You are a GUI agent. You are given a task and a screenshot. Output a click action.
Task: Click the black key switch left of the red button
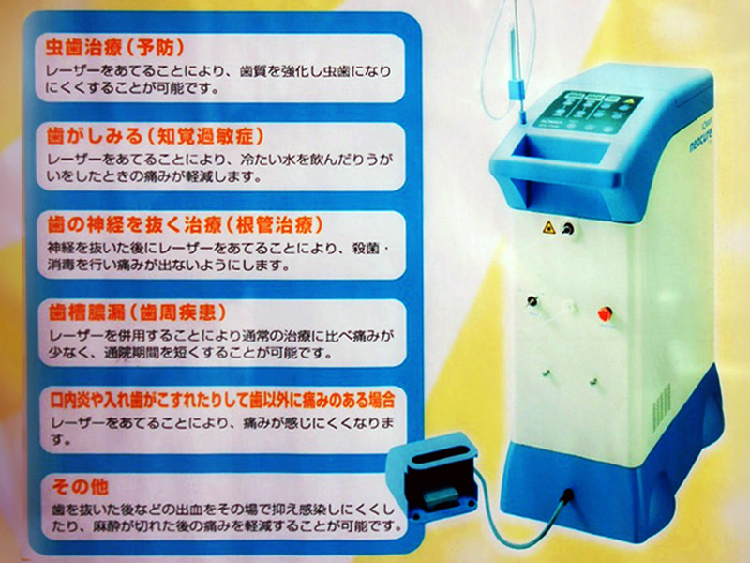click(x=533, y=302)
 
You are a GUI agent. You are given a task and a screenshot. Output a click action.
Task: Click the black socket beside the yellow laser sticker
click(x=566, y=229)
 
